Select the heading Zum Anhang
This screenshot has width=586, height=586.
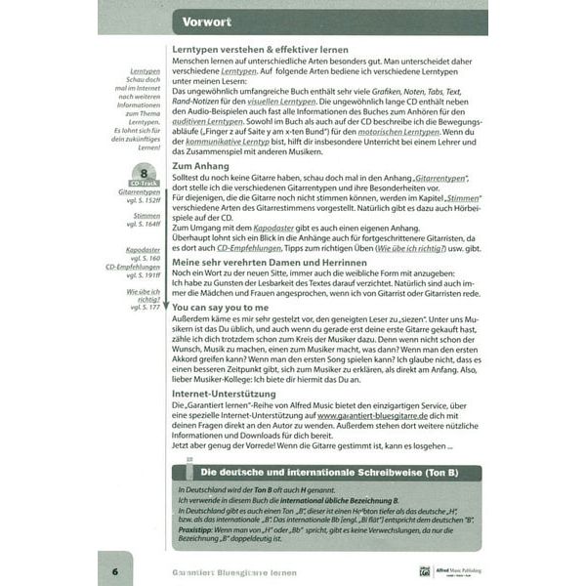(201, 167)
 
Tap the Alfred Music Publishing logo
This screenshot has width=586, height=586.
(444, 571)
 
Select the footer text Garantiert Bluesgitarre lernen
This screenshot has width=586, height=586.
(234, 571)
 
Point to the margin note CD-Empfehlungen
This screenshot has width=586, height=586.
(134, 267)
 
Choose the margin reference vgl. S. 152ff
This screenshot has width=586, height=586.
(141, 200)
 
